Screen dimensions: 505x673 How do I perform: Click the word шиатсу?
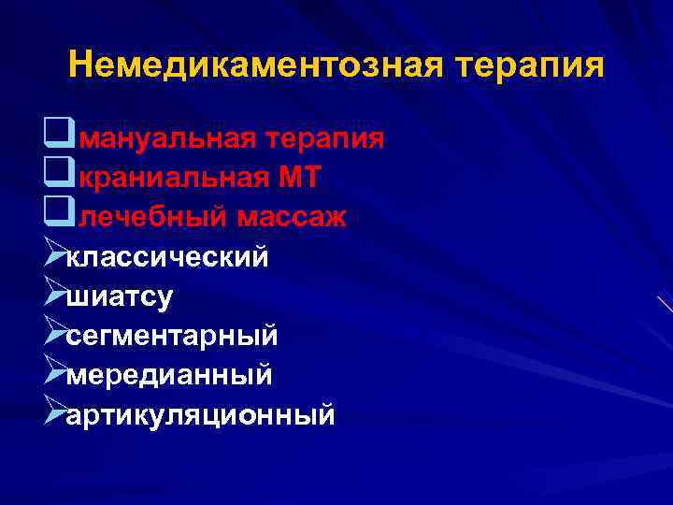pos(120,296)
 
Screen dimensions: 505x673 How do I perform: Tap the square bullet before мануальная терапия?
pos(54,138)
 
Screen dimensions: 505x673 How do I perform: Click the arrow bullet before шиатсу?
pos(54,295)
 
